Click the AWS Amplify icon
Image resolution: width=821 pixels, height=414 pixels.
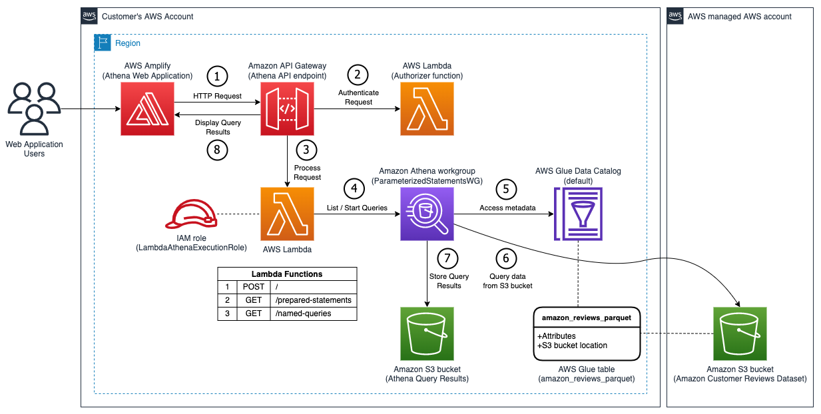click(x=147, y=108)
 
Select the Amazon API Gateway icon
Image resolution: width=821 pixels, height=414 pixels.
click(x=286, y=108)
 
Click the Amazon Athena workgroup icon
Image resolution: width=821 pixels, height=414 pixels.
click(x=426, y=214)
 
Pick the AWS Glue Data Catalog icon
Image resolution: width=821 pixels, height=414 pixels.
click(x=577, y=214)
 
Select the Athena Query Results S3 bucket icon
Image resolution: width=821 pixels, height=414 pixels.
click(x=426, y=333)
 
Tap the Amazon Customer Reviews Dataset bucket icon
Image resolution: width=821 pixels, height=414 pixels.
click(x=739, y=333)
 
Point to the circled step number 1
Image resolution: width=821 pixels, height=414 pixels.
click(x=217, y=76)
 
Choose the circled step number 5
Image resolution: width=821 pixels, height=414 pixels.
click(x=506, y=188)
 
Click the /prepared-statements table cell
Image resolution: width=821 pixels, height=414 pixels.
click(x=313, y=300)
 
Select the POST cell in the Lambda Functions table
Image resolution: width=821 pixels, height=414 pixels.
click(x=253, y=287)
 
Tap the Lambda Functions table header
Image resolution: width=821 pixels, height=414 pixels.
click(x=287, y=274)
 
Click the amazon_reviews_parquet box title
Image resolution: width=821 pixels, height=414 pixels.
click(x=587, y=318)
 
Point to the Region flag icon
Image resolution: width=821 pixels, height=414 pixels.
click(x=102, y=43)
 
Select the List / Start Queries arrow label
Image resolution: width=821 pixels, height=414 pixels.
click(x=357, y=208)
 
